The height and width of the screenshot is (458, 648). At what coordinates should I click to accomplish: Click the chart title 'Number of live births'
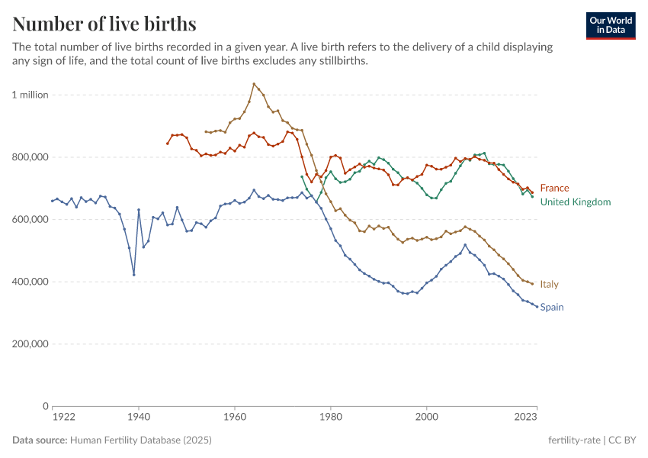tap(104, 24)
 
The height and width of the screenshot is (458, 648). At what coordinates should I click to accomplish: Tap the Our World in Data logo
tap(610, 25)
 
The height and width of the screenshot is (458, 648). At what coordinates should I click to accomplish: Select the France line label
tap(554, 188)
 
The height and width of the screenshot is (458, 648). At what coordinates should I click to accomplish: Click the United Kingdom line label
tap(575, 202)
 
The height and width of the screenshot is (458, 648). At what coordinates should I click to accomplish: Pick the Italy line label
tap(549, 284)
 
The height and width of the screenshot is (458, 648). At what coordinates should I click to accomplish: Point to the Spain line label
tap(552, 307)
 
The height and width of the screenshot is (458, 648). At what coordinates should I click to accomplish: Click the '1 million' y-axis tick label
tap(30, 95)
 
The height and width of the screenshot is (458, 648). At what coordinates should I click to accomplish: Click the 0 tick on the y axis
tap(45, 406)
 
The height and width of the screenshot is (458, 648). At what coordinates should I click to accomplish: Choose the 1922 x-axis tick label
tap(63, 418)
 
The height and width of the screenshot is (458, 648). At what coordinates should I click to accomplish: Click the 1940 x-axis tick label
tap(138, 418)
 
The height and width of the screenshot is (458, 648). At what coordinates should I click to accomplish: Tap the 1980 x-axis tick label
tap(330, 418)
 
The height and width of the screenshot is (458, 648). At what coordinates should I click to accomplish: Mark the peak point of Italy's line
tap(254, 84)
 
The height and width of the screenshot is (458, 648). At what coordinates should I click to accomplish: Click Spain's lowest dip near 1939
tap(133, 275)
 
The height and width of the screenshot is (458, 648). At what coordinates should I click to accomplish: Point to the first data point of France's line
tap(168, 143)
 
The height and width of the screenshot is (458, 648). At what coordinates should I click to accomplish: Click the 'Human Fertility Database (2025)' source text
tap(140, 440)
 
